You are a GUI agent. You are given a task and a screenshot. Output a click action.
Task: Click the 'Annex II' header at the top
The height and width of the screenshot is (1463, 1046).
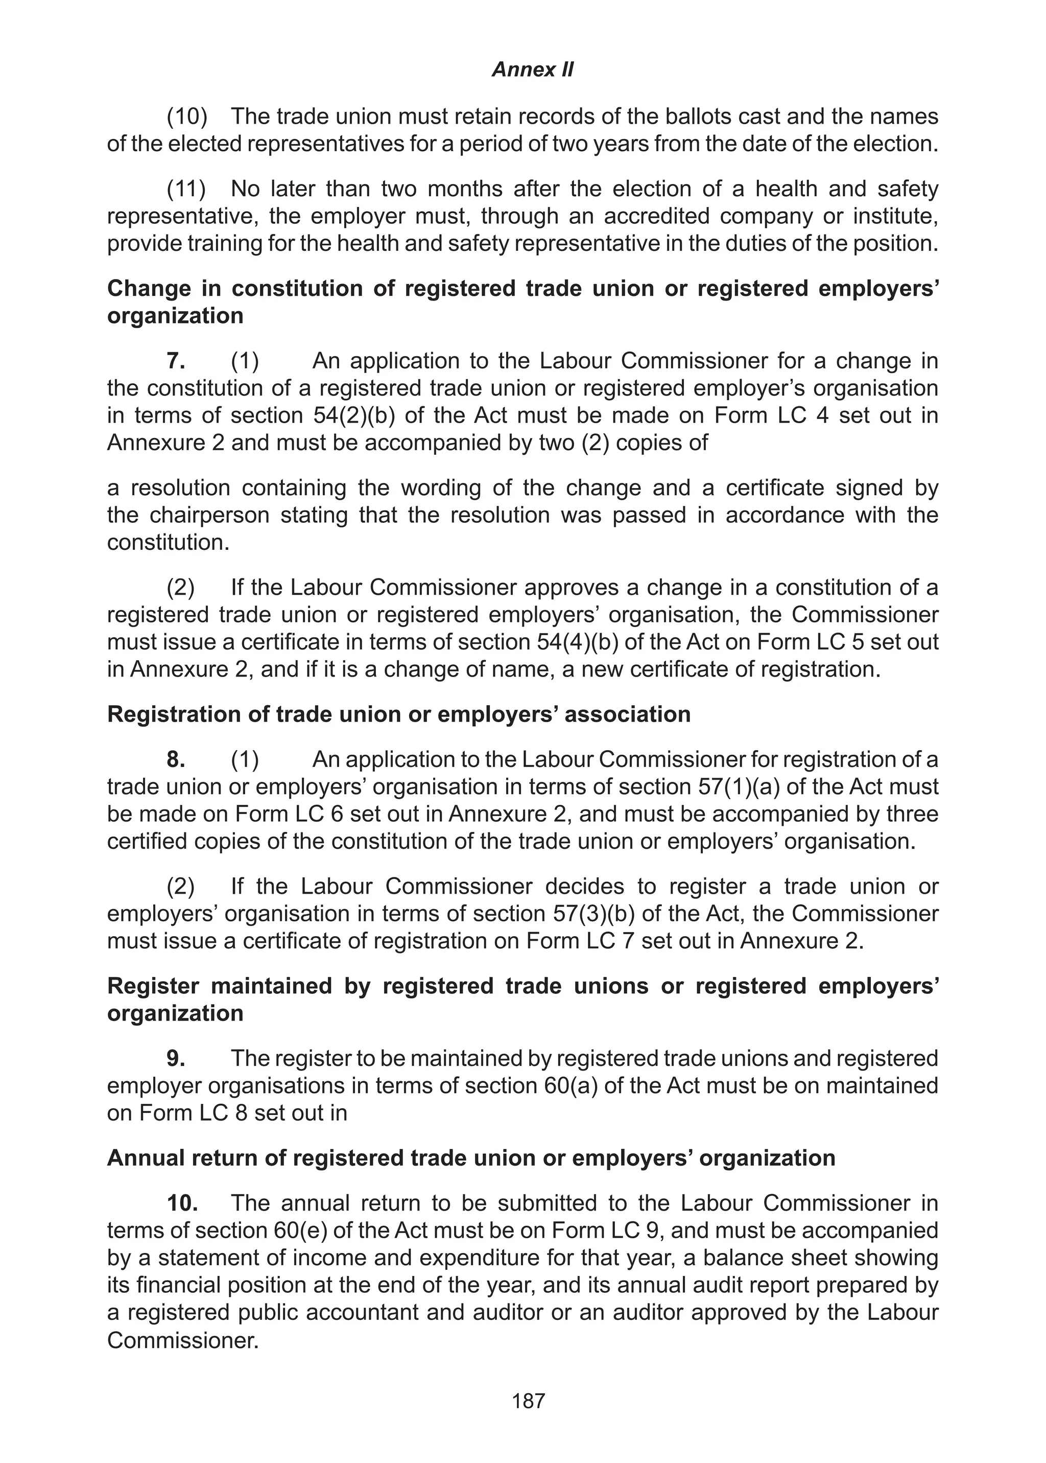[x=532, y=69]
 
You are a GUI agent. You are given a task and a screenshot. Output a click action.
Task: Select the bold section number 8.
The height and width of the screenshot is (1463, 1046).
[x=176, y=760]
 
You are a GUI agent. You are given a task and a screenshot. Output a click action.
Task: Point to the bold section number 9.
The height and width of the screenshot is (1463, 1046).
[x=176, y=1058]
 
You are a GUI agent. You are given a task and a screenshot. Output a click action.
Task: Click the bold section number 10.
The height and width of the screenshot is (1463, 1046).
[x=182, y=1203]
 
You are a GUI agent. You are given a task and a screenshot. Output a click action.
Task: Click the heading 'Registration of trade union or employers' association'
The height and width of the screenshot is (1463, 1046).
[x=399, y=714]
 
